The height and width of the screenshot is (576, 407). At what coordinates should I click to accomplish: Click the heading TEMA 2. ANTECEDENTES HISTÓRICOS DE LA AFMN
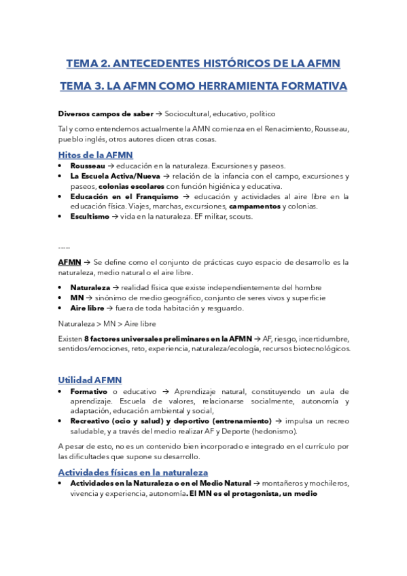point(203,64)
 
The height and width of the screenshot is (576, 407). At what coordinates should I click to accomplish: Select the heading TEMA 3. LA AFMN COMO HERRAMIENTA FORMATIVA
point(203,86)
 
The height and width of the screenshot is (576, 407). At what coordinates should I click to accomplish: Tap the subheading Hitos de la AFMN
point(95,155)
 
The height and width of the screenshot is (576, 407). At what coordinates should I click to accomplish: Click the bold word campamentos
point(254,206)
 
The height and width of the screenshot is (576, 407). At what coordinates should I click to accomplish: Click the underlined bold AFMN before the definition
point(69,262)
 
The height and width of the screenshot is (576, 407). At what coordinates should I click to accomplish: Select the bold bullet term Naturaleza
point(90,287)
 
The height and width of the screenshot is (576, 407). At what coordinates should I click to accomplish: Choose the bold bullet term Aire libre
point(88,308)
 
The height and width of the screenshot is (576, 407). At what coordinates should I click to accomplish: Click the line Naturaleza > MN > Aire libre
point(107,323)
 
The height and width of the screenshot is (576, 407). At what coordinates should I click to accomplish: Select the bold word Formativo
point(90,391)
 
